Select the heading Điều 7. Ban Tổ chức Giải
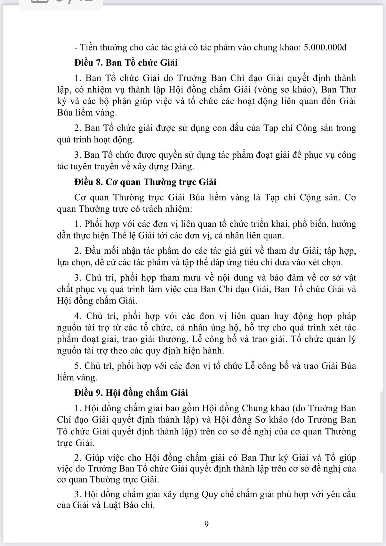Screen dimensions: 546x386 click(x=126, y=62)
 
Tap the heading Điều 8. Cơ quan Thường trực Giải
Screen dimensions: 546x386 click(x=145, y=182)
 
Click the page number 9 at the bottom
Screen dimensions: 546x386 click(x=206, y=524)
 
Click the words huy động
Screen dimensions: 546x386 click(x=293, y=316)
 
